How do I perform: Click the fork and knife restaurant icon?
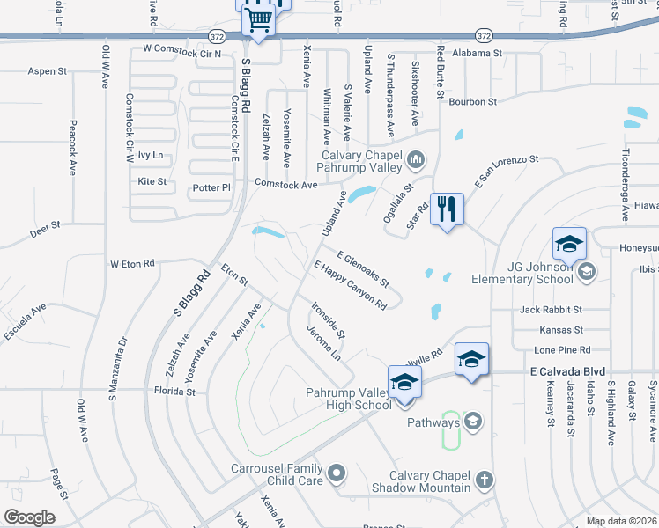[x=447, y=209]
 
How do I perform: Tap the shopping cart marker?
[x=258, y=18]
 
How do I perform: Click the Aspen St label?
[x=48, y=71]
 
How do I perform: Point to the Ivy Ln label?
[x=151, y=155]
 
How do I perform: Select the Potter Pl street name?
[x=211, y=187]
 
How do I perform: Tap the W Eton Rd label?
[x=132, y=263]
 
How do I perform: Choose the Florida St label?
[x=173, y=390]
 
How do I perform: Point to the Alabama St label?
[x=477, y=53]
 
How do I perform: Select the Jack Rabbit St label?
[x=551, y=310]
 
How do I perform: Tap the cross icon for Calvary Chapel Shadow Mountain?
[x=482, y=480]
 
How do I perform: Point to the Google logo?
[x=29, y=517]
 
